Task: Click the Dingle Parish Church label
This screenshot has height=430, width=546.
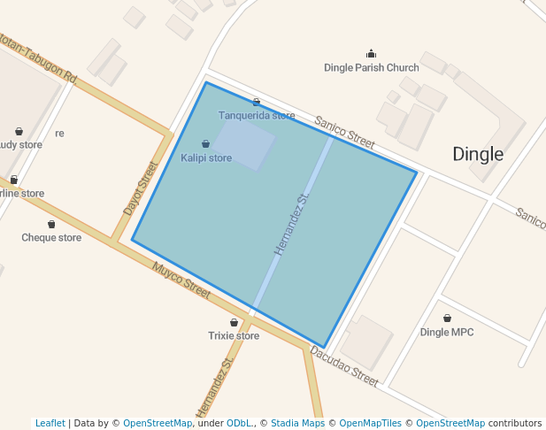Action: coord(371,67)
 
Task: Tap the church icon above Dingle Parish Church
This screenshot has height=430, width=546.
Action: coord(371,54)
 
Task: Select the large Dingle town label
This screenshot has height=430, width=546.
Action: coord(478,154)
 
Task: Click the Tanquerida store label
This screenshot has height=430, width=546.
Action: coord(257,115)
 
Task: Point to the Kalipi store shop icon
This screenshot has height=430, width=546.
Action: coord(206,143)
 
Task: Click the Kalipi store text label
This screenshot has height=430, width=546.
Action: coord(206,158)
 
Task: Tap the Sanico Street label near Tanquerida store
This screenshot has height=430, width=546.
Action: coord(344,131)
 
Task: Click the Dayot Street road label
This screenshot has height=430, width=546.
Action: coord(140,188)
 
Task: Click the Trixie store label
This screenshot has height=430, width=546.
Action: coord(234,336)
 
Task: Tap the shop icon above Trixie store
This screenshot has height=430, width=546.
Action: coord(234,323)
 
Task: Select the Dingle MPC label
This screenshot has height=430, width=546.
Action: coord(447,332)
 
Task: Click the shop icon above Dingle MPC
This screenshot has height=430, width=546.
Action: coord(447,318)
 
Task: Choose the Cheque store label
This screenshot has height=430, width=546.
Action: coord(51,238)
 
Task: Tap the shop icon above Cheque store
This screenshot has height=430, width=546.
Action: coord(51,224)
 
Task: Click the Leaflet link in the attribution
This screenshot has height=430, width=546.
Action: coord(50,424)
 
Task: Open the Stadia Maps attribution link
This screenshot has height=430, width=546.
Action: coord(297,424)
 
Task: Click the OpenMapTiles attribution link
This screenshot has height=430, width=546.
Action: coord(369,424)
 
